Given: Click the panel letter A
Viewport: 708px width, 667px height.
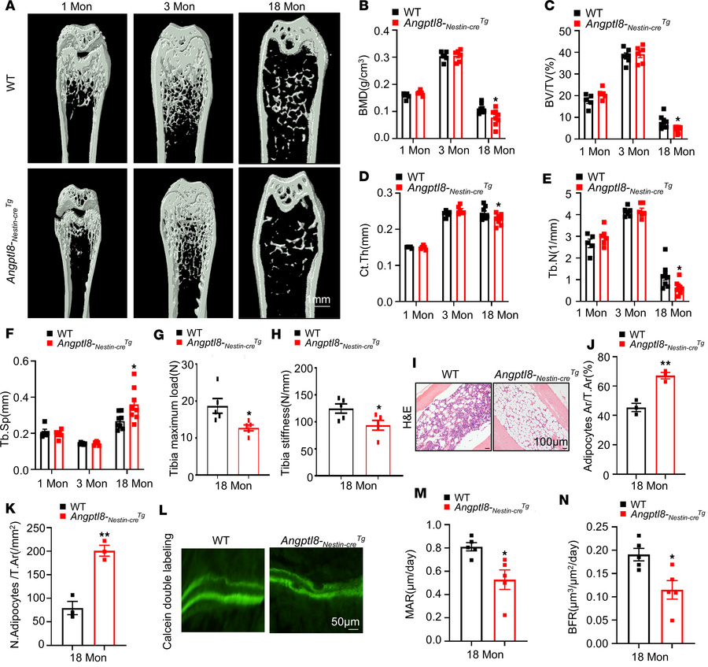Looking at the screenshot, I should (8, 7).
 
